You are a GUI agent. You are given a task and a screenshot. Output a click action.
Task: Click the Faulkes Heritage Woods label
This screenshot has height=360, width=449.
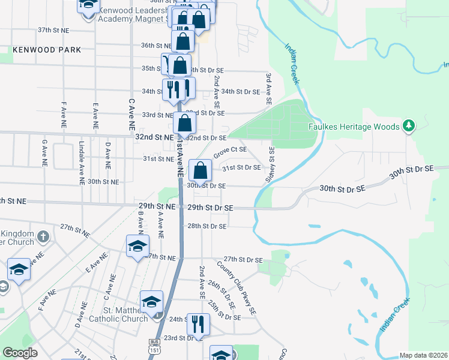pos(354,127)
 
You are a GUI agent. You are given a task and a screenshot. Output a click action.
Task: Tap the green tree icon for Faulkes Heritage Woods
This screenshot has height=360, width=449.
pos(409,125)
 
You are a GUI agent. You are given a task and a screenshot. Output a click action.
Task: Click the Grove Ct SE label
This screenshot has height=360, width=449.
pos(230,152)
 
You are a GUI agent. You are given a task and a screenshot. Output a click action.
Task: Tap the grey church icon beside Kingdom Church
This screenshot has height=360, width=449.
pos(42,237)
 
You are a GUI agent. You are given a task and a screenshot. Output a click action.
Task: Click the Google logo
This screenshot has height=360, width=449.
pos(20,353)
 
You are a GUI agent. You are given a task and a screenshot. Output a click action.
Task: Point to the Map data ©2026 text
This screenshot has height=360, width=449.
pos(422,355)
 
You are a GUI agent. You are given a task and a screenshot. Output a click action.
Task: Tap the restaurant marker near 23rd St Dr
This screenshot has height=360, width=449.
pos(197,324)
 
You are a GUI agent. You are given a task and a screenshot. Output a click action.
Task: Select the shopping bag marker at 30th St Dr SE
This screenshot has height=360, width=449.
pos(200,170)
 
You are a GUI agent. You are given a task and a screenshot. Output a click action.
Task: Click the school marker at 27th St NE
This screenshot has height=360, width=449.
pos(137,246)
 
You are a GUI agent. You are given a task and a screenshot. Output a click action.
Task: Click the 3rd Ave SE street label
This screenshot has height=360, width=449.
pos(269,87)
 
